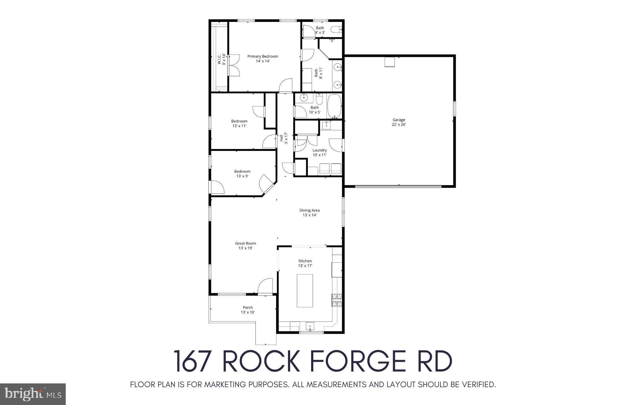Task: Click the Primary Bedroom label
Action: click(x=263, y=57)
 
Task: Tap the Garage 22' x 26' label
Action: click(x=399, y=122)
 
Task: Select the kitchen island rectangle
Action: click(x=305, y=290)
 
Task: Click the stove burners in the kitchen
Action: click(x=337, y=300)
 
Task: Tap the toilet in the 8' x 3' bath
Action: click(x=336, y=30)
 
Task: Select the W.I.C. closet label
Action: click(x=221, y=59)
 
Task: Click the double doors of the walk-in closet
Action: click(x=233, y=65)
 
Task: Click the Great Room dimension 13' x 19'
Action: click(x=245, y=248)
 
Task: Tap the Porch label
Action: click(x=248, y=307)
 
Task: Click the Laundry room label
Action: click(x=320, y=150)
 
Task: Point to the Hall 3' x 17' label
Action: click(x=283, y=139)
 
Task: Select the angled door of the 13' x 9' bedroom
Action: click(x=267, y=185)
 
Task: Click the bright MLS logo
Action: click(x=33, y=394)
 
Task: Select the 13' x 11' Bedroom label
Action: click(x=239, y=123)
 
